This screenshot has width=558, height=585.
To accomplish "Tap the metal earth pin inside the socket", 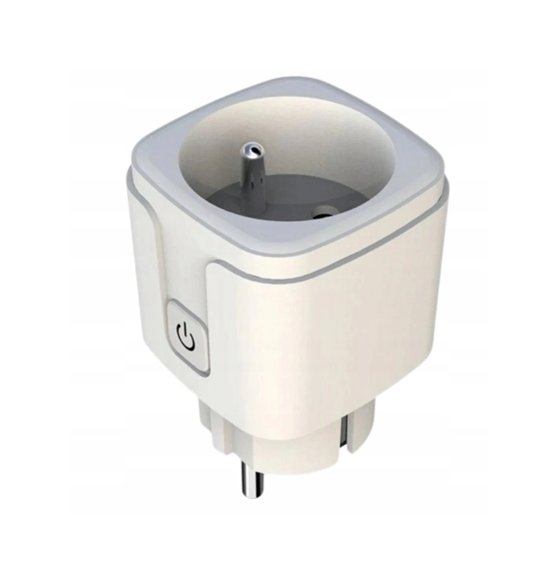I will click(x=251, y=173).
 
